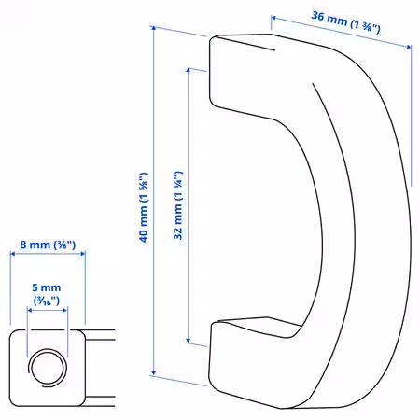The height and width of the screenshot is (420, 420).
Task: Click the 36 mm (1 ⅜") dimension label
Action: [345, 21]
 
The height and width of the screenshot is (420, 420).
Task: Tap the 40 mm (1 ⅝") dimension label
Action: [144, 207]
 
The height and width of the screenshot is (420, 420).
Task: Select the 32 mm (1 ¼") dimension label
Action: [178, 205]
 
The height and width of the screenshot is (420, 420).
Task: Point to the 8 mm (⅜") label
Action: [48, 245]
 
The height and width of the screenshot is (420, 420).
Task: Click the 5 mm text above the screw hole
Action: [47, 287]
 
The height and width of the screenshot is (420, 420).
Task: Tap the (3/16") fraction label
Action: [47, 301]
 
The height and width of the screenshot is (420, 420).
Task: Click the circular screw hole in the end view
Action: [48, 368]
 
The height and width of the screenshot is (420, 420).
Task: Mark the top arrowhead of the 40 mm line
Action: [154, 28]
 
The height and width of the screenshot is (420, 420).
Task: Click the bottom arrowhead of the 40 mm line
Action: [154, 372]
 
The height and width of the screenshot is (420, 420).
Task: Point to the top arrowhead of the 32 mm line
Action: [189, 70]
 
